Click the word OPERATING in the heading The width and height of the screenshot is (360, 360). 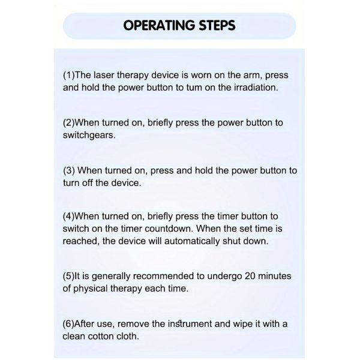pos(160,25)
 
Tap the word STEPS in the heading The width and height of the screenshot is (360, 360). pos(217,25)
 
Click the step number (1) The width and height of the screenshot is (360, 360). pos(69,76)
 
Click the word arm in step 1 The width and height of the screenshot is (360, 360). pos(253,76)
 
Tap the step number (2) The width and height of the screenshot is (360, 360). pos(69,123)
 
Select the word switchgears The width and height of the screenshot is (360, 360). pos(89,135)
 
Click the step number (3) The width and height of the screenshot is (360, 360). pos(69,170)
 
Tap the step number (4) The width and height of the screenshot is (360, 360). pos(69,217)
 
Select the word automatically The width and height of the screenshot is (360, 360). pos(192,242)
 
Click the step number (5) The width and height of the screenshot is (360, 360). pos(69,276)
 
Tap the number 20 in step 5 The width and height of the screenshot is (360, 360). pos(250,276)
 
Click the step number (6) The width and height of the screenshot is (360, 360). pos(68,324)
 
